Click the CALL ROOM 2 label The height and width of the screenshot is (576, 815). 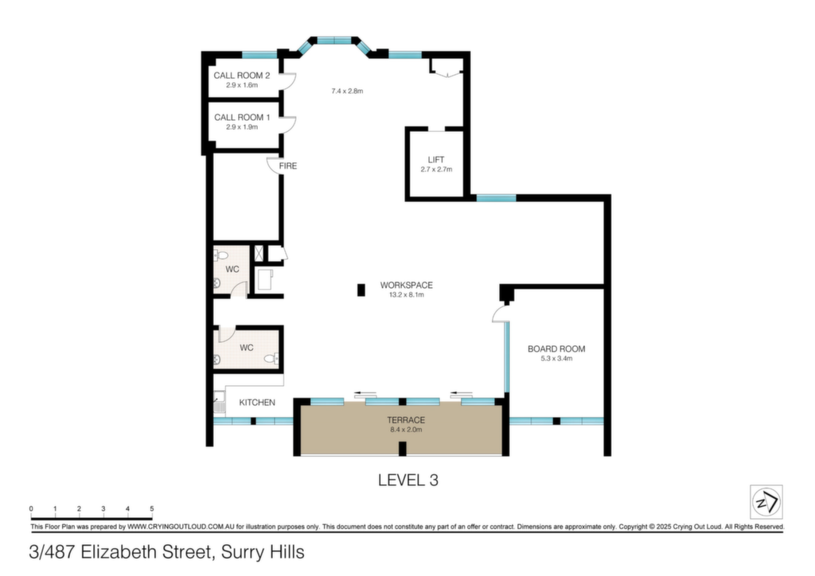[x=242, y=76]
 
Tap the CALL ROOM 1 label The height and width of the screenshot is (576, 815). [x=242, y=118]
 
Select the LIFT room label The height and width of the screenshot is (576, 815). [x=436, y=160]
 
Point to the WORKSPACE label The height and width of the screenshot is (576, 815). [x=407, y=285]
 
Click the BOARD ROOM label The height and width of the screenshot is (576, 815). [x=556, y=349]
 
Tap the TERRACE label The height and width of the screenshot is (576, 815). [x=406, y=420]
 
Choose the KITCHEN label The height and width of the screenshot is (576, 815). [x=257, y=403]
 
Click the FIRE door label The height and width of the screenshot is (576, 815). [x=288, y=165]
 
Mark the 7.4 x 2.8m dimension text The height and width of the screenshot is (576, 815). [x=347, y=91]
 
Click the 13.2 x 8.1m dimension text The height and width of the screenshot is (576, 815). [x=407, y=294]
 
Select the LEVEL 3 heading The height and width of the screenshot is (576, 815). [x=408, y=480]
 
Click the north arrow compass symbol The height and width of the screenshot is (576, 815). [x=766, y=502]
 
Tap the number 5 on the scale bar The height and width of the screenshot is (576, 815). [x=152, y=508]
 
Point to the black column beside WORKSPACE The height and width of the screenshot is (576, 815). [x=361, y=290]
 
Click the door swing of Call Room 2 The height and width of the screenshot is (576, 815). [x=290, y=81]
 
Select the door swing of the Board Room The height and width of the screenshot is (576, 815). [x=499, y=313]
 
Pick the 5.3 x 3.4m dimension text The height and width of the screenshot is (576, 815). [x=556, y=358]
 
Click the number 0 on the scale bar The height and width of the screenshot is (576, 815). [x=31, y=508]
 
